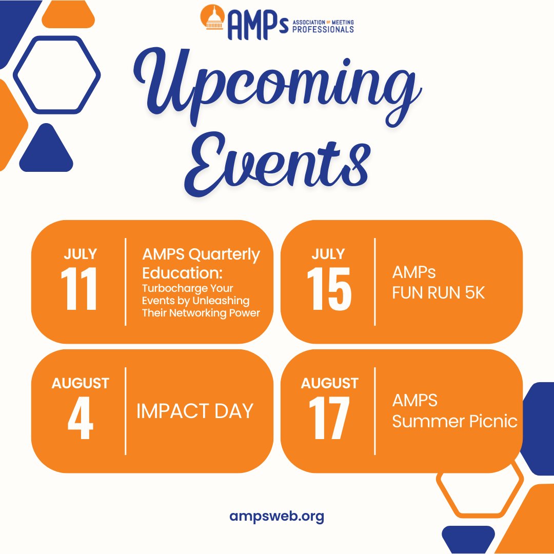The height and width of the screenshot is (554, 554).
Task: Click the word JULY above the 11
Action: point(81,254)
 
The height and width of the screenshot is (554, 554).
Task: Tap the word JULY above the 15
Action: point(329,254)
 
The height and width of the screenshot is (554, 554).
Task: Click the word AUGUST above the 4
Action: point(81,383)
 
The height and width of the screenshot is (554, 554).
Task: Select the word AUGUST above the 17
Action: point(329,383)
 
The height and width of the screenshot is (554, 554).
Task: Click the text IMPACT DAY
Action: point(195,411)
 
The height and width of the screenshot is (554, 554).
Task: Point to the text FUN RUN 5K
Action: point(439,293)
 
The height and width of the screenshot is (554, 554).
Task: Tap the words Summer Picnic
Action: point(454,421)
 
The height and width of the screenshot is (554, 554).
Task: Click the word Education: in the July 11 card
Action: point(182,271)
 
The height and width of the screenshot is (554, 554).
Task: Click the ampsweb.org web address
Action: point(277,516)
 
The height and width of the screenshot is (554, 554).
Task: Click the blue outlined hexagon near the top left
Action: point(56,75)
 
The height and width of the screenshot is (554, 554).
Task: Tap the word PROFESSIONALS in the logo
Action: point(323,29)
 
